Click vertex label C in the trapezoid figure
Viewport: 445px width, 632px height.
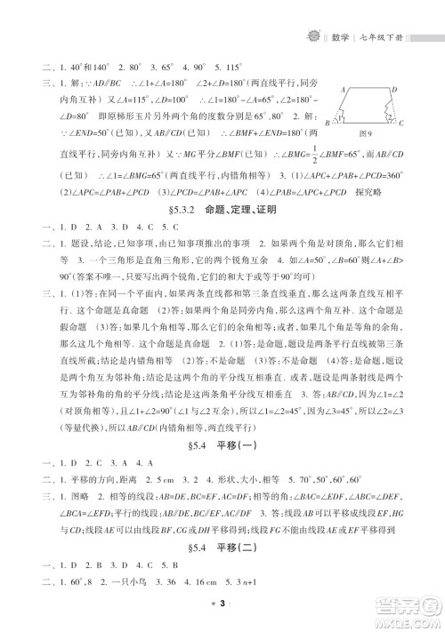(402, 124)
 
